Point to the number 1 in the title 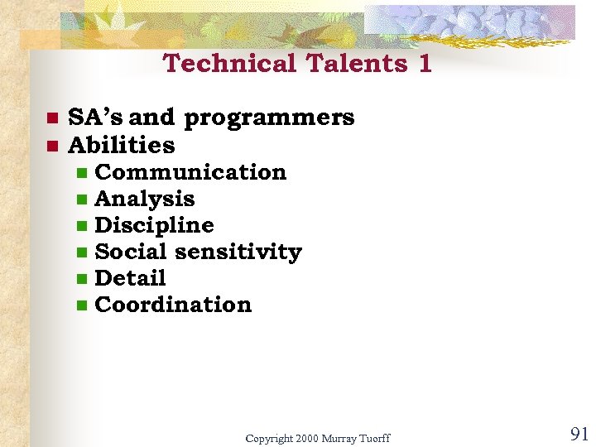425,64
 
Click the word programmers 269,118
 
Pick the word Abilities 122,146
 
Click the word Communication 190,172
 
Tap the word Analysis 145,199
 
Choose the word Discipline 154,225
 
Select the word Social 126,252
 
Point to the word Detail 130,278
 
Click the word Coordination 173,305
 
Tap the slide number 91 579,434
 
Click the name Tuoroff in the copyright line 373,438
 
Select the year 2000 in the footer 305,438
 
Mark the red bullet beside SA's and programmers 50,118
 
